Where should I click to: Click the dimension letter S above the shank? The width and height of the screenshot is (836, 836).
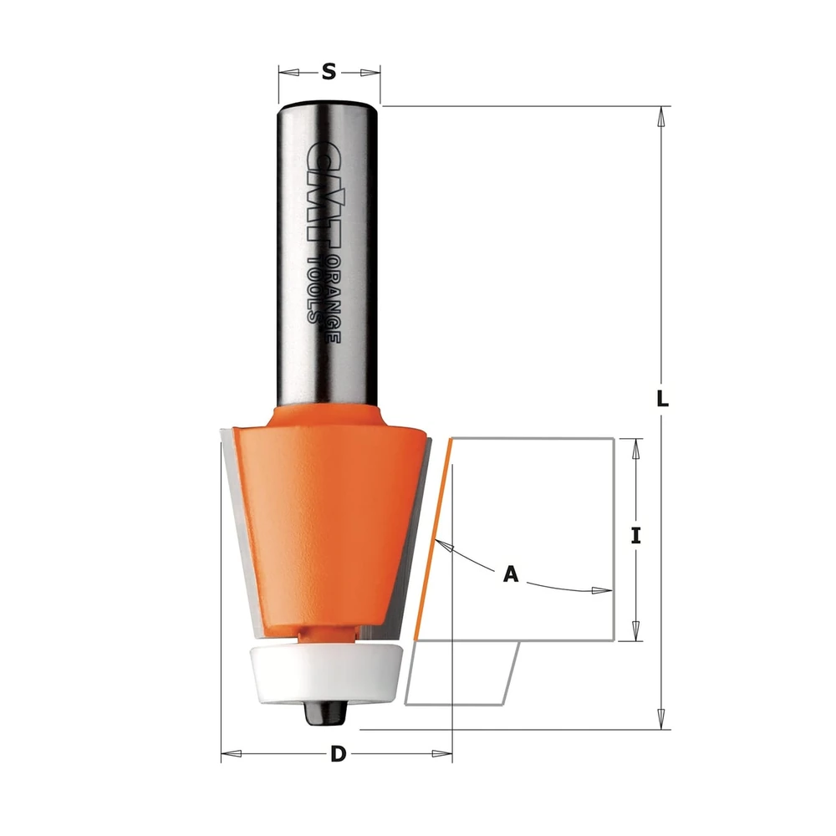click(x=329, y=71)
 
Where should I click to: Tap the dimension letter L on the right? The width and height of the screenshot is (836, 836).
click(x=661, y=399)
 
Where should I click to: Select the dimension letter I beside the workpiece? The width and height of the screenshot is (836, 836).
click(x=635, y=535)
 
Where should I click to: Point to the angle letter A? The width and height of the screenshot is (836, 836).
click(x=511, y=574)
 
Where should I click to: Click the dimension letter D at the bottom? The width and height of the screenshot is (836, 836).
click(x=338, y=754)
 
